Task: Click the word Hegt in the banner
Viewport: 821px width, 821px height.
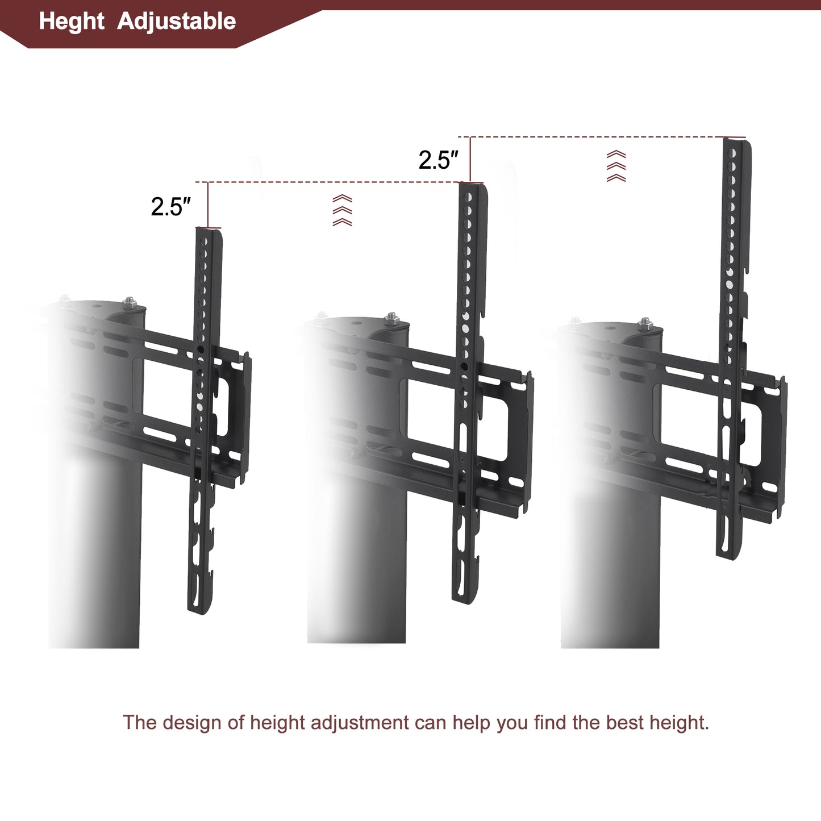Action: [x=72, y=22]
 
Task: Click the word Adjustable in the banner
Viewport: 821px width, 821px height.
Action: [x=176, y=22]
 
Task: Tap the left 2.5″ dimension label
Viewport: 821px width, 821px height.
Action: [x=170, y=207]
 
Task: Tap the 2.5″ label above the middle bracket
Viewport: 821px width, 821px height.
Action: [x=438, y=160]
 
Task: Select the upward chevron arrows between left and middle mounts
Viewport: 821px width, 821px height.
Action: [x=342, y=210]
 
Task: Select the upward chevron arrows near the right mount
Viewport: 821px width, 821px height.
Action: [x=616, y=166]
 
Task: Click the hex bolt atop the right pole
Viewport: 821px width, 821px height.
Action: [x=645, y=324]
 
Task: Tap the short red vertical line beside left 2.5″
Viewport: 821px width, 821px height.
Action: [x=208, y=205]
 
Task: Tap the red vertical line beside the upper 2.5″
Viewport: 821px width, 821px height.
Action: [x=470, y=159]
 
